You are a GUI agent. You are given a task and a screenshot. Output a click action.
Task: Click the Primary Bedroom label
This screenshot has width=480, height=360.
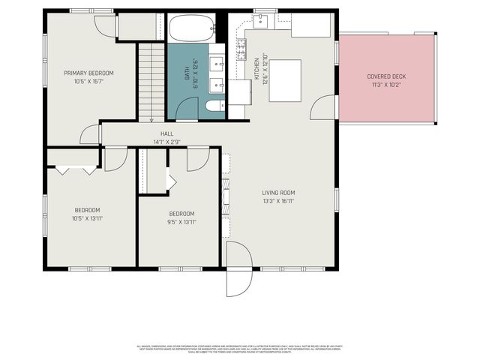pyautogui.click(x=88, y=73)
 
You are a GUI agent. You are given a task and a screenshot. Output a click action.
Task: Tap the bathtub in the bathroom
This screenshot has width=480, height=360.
pyautogui.click(x=190, y=29)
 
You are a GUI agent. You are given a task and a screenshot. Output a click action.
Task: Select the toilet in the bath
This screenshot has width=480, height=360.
pyautogui.click(x=214, y=106)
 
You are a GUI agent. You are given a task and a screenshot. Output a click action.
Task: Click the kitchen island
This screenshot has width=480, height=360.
pyautogui.click(x=284, y=80)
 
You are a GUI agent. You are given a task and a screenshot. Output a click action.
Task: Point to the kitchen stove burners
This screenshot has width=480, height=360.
pyautogui.click(x=242, y=50)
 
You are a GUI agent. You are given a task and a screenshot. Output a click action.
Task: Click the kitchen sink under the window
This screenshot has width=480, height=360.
pyautogui.click(x=261, y=21)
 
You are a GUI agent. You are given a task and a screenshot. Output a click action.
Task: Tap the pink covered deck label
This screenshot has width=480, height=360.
pyautogui.click(x=387, y=76)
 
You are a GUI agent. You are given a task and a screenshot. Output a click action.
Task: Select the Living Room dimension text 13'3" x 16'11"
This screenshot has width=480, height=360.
pyautogui.click(x=277, y=201)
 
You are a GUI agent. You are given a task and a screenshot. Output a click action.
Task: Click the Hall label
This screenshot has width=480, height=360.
pyautogui.click(x=166, y=133)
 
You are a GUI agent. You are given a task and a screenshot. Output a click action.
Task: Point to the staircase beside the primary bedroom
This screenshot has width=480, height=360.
pyautogui.click(x=150, y=82)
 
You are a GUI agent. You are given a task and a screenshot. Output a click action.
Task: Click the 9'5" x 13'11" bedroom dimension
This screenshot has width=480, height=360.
pyautogui.click(x=181, y=221)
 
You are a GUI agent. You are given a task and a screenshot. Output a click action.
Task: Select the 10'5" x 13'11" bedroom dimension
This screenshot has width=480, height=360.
pyautogui.click(x=87, y=217)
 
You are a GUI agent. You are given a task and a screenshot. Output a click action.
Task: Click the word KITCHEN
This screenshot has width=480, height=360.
pyautogui.click(x=256, y=68)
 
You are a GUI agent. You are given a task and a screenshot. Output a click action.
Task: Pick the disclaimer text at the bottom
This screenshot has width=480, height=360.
pyautogui.click(x=240, y=349)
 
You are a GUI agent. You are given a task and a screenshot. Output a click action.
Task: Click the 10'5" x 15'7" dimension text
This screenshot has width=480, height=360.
pyautogui.click(x=88, y=81)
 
